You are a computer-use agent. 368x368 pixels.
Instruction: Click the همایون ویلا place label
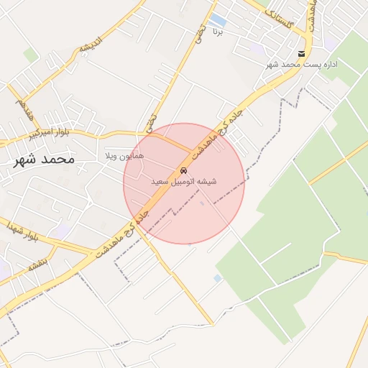(125, 155)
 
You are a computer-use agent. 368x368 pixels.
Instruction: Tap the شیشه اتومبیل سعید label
(183, 183)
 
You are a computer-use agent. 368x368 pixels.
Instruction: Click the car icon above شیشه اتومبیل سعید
(184, 171)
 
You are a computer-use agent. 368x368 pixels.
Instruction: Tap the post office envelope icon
(301, 55)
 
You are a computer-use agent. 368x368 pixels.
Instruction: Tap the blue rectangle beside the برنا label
(218, 19)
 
